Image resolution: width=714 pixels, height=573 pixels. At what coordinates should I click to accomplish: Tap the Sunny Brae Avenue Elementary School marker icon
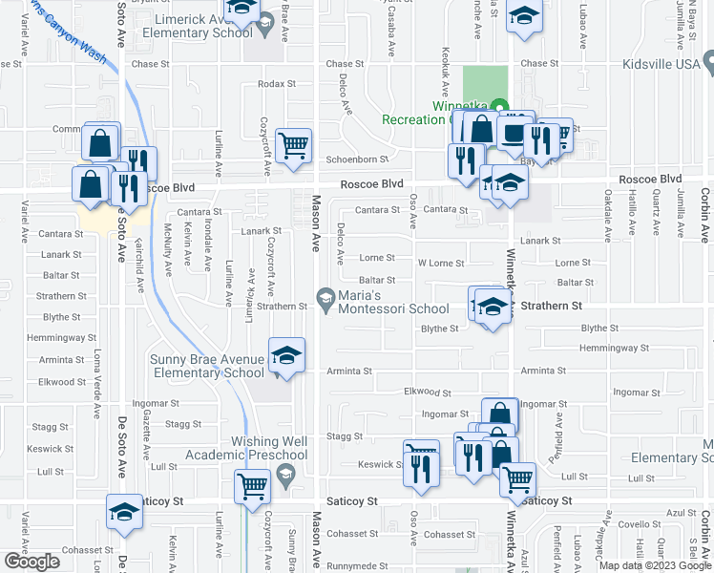(x=285, y=357)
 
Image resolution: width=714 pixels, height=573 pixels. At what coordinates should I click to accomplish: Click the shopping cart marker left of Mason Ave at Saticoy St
(x=253, y=485)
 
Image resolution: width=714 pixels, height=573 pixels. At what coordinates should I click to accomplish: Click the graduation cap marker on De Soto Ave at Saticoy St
(x=124, y=513)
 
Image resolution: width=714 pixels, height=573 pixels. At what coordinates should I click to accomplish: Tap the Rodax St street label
(x=277, y=85)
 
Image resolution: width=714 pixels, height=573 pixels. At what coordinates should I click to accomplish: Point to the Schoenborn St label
(x=357, y=159)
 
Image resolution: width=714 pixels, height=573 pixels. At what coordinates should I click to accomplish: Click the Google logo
(x=31, y=562)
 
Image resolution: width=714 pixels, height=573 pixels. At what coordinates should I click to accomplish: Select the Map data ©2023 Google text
(x=653, y=565)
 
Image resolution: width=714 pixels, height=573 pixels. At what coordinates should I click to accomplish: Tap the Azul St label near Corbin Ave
(x=675, y=513)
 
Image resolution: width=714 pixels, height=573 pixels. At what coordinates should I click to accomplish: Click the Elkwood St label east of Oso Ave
(x=427, y=392)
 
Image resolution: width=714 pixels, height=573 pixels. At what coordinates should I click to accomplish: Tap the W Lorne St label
(x=441, y=264)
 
